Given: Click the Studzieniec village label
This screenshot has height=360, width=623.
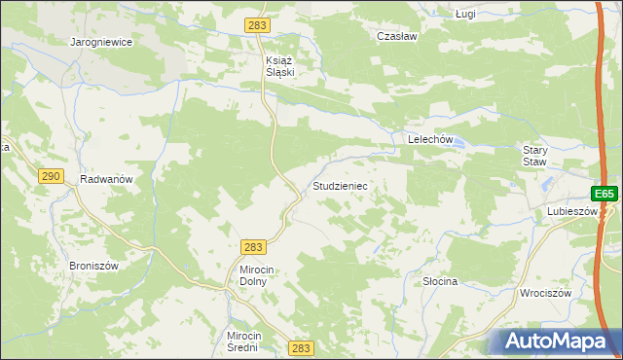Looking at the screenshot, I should click(339, 185).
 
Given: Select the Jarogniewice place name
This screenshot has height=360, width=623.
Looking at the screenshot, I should click(101, 43).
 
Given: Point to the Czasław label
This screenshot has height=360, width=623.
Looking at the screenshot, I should click(396, 35).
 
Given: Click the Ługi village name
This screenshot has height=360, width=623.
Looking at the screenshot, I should click(466, 14).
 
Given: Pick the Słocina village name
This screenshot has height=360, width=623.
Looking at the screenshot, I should click(440, 281).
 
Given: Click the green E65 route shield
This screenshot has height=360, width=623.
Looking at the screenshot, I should click(605, 195).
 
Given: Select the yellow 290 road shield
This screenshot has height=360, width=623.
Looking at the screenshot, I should click(52, 176).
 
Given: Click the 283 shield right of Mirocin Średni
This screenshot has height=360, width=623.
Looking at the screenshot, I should click(302, 347).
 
